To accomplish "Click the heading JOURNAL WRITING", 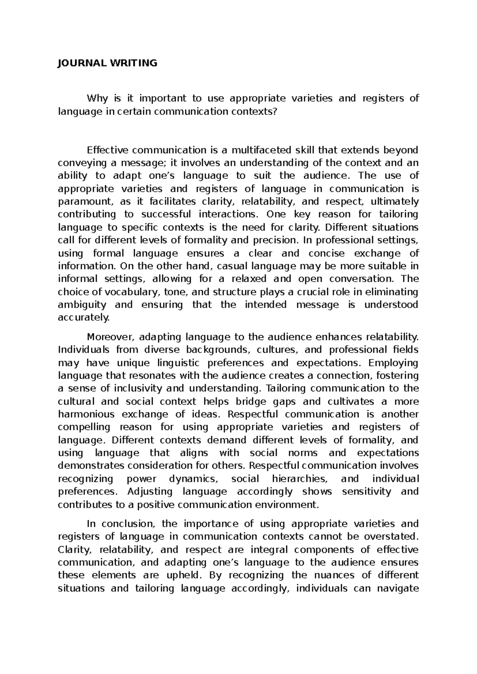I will coord(107,63).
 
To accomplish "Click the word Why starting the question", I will coord(97,98).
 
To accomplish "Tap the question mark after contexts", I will coord(273,111).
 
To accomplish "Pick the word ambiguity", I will coord(82,305).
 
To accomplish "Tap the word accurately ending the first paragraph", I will coord(83,318).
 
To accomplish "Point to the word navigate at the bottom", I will coord(396,588).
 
